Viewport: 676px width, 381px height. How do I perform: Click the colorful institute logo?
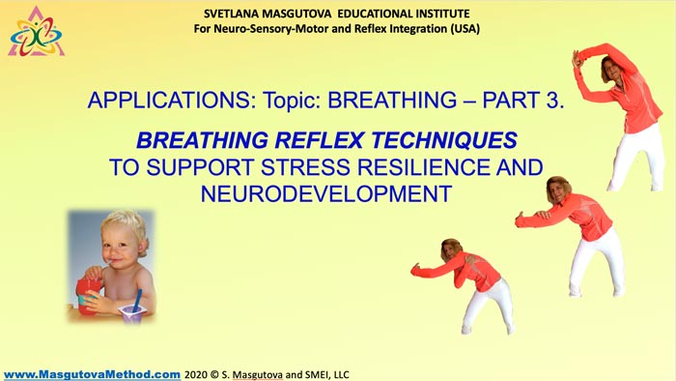pyautogui.click(x=37, y=33)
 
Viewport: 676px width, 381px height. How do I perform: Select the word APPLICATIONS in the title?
pyautogui.click(x=169, y=101)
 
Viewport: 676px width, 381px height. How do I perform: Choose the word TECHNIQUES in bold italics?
pyautogui.click(x=444, y=140)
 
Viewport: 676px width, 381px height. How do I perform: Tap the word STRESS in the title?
pyautogui.click(x=305, y=167)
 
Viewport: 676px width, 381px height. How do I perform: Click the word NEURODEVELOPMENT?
pyautogui.click(x=326, y=193)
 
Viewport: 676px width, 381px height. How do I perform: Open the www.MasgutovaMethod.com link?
pyautogui.click(x=92, y=374)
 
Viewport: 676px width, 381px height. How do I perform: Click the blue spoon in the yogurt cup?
pyautogui.click(x=137, y=301)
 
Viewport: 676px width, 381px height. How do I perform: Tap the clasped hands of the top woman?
pyautogui.click(x=577, y=59)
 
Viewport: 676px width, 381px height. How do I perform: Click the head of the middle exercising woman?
pyautogui.click(x=559, y=190)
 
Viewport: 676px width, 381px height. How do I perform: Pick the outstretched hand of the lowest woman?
pyautogui.click(x=415, y=269)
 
